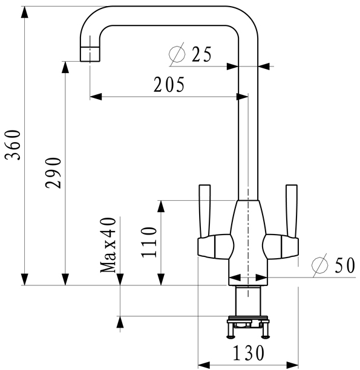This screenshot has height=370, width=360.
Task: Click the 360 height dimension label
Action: [13, 145]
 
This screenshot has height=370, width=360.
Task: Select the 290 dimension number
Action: [53, 173]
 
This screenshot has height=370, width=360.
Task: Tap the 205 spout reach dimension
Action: [169, 85]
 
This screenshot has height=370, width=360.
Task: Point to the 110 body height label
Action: [149, 242]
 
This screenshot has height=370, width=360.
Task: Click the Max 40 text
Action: [108, 245]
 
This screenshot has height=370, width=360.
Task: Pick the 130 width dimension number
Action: [248, 353]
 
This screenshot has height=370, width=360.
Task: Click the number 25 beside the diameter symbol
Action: [201, 54]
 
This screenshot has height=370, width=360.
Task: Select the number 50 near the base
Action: [345, 265]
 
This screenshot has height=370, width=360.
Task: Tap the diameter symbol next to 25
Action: [177, 54]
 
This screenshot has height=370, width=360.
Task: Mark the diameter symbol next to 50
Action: [320, 265]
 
